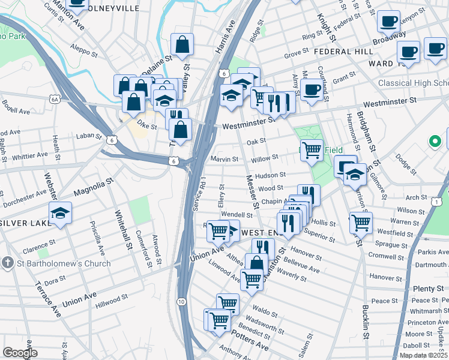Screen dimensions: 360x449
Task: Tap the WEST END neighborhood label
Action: click(260, 232)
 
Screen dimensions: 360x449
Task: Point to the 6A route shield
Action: click(55, 99)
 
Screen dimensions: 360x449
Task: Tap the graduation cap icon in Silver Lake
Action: click(61, 214)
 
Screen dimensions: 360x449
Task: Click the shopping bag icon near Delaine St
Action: click(182, 44)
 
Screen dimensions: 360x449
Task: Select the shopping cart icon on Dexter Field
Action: click(312, 149)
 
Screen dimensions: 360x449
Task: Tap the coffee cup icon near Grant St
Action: click(312, 90)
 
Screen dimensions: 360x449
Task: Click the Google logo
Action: click(20, 353)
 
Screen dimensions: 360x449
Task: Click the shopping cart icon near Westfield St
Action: click(361, 223)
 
